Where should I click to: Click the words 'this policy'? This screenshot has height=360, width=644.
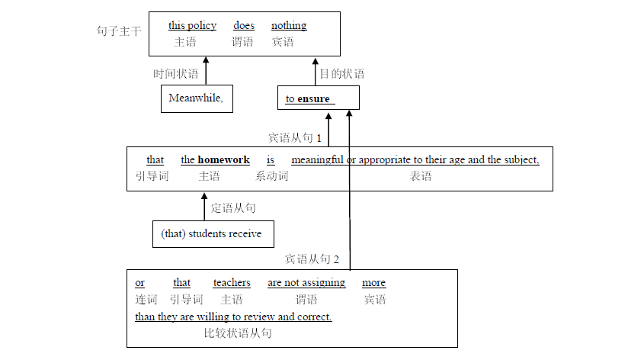192,26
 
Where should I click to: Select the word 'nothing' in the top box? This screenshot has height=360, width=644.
289,26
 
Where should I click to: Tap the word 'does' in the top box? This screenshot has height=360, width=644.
244,26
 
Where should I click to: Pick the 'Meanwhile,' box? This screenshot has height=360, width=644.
197,98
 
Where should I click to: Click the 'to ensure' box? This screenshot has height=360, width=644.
317,98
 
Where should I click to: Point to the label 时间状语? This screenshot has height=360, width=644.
176,74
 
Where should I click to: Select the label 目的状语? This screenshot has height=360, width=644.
341,74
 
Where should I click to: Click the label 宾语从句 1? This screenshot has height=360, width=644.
295,138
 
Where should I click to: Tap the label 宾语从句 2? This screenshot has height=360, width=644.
312,259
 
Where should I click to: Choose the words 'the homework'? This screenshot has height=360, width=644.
215,160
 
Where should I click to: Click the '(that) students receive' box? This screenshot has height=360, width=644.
213,234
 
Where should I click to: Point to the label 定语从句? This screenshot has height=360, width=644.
233,207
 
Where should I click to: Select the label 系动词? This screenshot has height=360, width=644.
271,176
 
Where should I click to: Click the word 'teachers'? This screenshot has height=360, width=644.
232,283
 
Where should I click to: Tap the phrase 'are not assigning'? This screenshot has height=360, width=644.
306,283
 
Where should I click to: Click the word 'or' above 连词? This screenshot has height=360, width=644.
140,283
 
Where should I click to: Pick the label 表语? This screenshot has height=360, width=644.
421,176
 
